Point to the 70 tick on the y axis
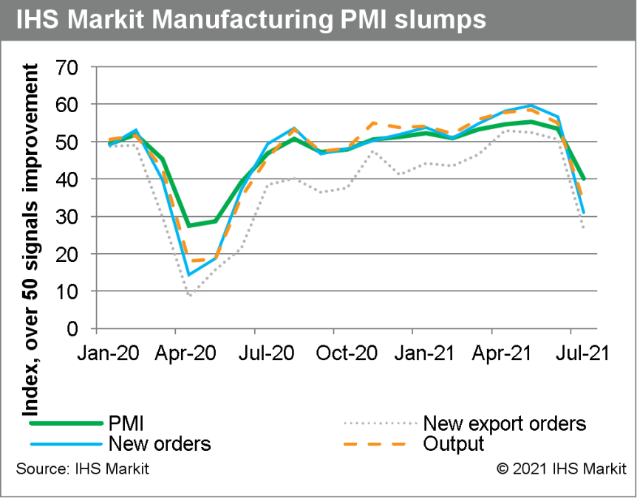click(72, 67)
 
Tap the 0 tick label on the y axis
click(78, 328)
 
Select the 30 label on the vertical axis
click(72, 217)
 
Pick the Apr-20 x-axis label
click(186, 353)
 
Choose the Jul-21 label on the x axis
click(585, 353)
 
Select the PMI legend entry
click(126, 423)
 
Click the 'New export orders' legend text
click(504, 423)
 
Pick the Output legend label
click(453, 443)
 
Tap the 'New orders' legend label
click(159, 443)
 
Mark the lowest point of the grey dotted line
click(190, 295)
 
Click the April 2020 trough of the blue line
click(189, 275)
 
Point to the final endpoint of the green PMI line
click(584, 179)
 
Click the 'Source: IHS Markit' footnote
click(82, 469)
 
